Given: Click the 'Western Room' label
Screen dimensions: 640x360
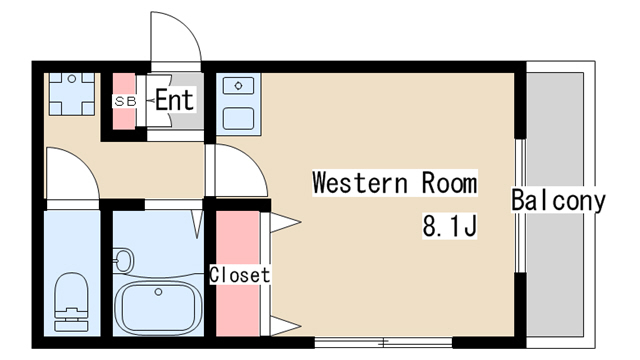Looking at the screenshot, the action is (x=394, y=183).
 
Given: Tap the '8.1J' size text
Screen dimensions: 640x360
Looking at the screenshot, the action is (x=449, y=226).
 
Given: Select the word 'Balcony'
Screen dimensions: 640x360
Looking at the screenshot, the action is (x=558, y=200).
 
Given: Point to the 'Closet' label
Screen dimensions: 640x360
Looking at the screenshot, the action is (x=240, y=275).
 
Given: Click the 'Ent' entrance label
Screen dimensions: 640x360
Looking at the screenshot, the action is (x=174, y=100).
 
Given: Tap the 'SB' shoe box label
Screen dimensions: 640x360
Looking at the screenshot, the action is (x=125, y=101).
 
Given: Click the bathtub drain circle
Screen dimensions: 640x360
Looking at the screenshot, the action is (x=158, y=292).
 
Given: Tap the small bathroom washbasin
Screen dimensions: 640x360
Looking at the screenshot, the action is (x=123, y=260).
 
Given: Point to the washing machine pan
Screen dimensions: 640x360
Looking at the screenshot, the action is (x=72, y=94).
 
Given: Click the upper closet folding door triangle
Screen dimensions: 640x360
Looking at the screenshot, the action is (x=285, y=223).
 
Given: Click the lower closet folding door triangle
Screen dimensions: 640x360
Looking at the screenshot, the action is (x=285, y=326).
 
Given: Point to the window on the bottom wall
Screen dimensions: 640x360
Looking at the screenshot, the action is (x=383, y=342).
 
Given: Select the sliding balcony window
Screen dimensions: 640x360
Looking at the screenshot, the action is (x=520, y=206).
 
